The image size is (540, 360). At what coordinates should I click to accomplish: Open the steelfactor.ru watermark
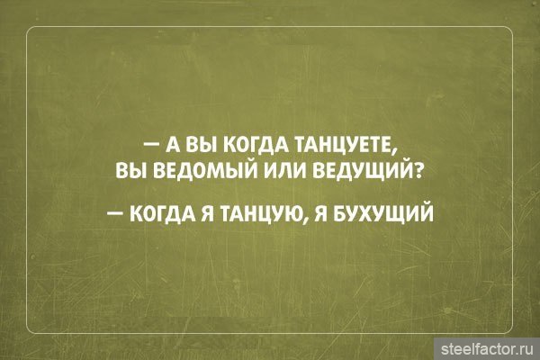(487, 349)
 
